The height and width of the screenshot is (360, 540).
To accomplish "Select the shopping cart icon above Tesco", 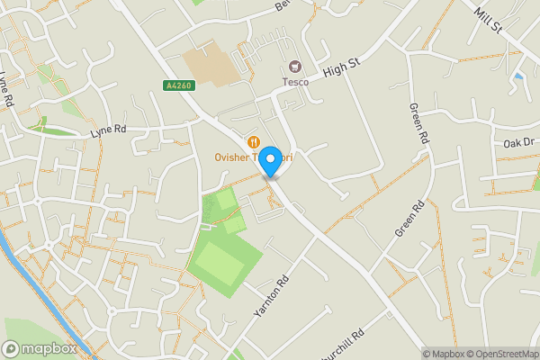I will pos(294,67).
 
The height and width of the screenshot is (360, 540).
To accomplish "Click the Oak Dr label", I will pos(518,143).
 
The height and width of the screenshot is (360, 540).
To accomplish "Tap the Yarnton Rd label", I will pos(269,296).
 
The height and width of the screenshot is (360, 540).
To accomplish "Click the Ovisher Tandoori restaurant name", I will pos(254,155).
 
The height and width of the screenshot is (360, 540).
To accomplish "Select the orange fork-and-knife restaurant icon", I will pos(254,140).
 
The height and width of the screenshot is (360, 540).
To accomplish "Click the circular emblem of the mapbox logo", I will pos(12,348).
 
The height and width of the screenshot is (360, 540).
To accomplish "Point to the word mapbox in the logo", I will pos(49,348).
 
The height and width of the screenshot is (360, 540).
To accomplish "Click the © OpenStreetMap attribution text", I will pos(503,354).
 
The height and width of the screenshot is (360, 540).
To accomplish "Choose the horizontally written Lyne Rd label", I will pos(108,131).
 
